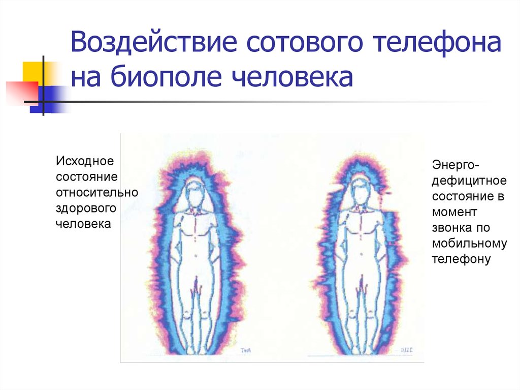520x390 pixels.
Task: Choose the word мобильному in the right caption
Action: coord(469,244)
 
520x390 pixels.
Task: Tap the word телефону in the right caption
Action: coord(461,259)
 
